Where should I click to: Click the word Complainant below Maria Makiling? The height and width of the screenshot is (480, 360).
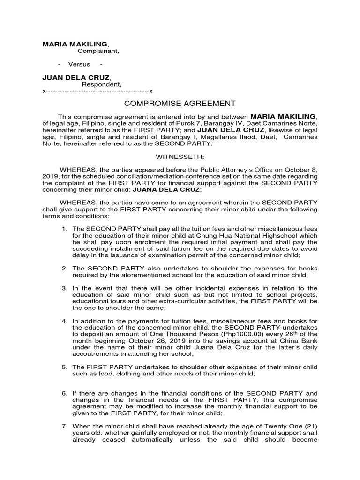click(x=98, y=51)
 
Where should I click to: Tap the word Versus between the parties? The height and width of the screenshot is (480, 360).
click(x=79, y=64)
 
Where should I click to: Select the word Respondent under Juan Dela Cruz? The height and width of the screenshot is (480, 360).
click(x=101, y=84)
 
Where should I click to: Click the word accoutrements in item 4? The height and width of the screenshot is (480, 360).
click(x=95, y=354)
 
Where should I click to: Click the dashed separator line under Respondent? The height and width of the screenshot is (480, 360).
click(x=98, y=91)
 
